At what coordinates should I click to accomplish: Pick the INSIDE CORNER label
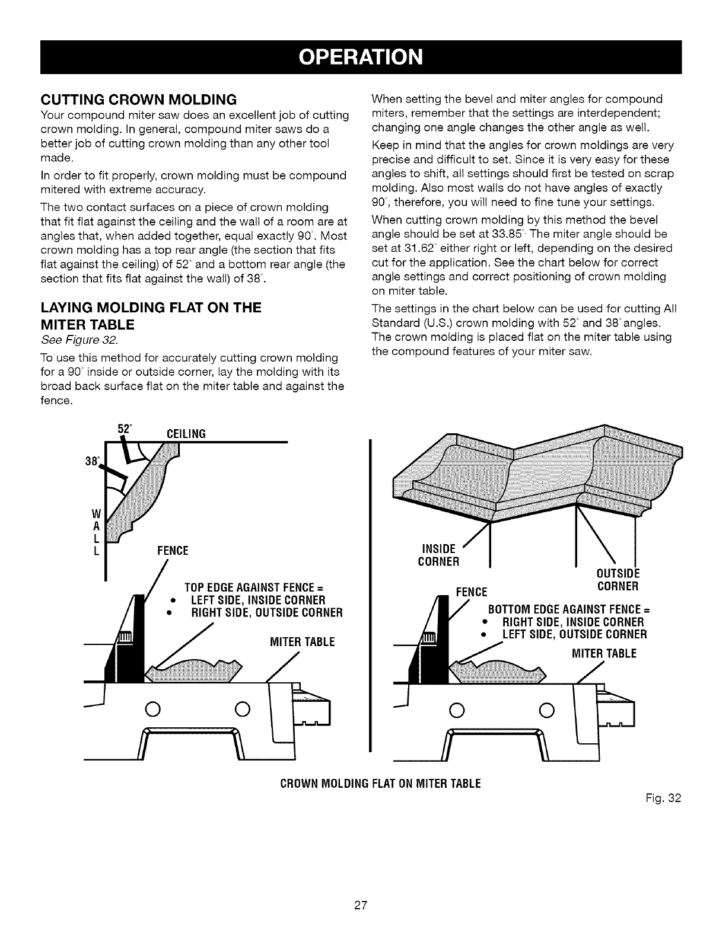click(438, 554)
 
